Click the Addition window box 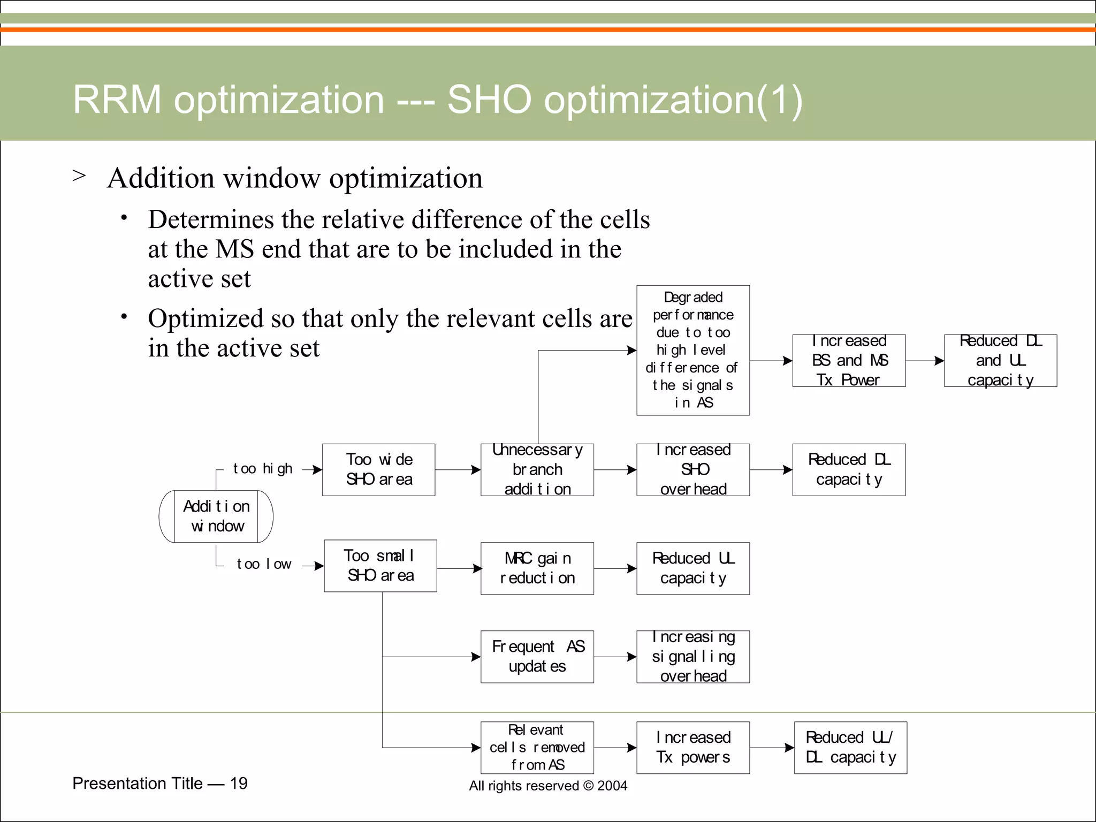(216, 516)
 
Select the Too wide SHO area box (379, 469)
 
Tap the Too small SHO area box (380, 566)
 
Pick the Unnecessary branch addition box (537, 469)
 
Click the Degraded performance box (693, 350)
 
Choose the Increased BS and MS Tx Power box (849, 361)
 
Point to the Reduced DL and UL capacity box (1000, 361)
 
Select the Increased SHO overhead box (693, 469)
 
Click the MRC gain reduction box (537, 568)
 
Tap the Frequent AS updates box (537, 657)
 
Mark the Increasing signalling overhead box (693, 657)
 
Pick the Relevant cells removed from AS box (537, 748)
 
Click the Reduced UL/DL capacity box (850, 748)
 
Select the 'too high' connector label (262, 469)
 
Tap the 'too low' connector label (264, 564)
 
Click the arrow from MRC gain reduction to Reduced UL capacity (615, 568)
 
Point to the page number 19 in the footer (239, 783)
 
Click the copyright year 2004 (612, 786)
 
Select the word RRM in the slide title (117, 100)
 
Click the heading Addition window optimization (295, 178)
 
